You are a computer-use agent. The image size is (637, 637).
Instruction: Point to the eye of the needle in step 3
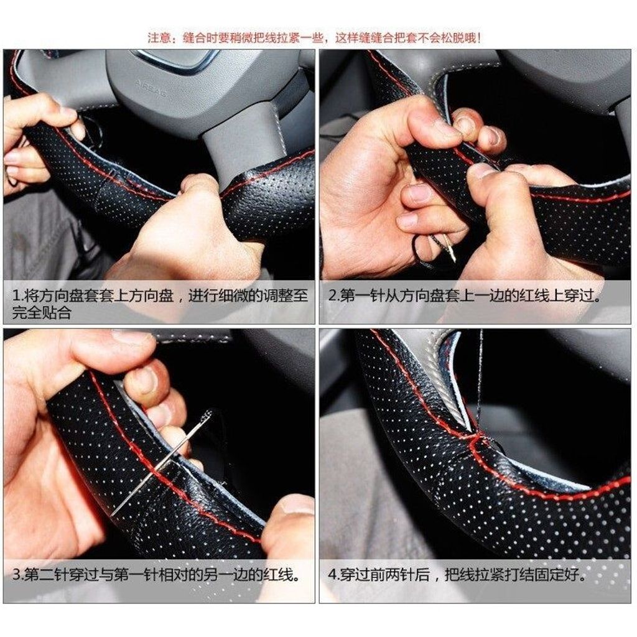click(x=208, y=415)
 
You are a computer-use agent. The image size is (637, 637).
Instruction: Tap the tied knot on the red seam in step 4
click(x=478, y=437)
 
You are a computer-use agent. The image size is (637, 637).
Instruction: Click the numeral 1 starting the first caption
click(x=16, y=295)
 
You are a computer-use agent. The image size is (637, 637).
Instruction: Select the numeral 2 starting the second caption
click(x=332, y=295)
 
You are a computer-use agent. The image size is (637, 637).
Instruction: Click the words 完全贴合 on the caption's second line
click(x=42, y=312)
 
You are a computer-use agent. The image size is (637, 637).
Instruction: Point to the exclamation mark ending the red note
click(x=479, y=38)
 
